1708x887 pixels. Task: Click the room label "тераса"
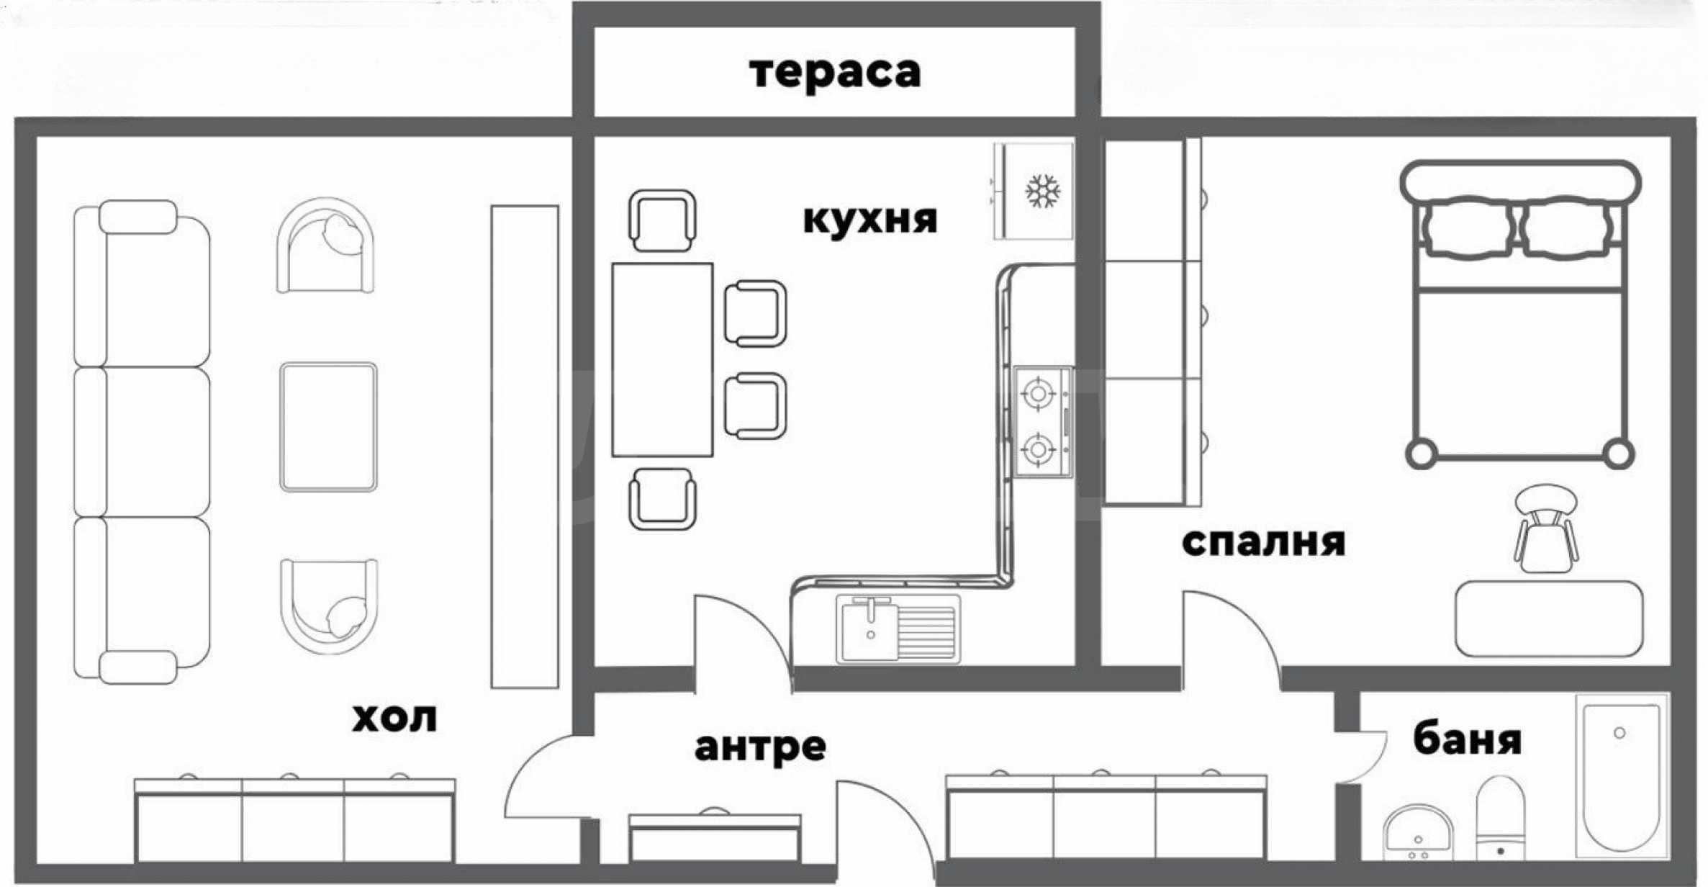coord(835,73)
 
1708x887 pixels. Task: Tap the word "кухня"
coord(870,218)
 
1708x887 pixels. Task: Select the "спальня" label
coord(1263,542)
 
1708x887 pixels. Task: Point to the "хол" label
coord(394,718)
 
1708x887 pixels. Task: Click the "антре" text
coord(760,747)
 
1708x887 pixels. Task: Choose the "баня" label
coord(1467,739)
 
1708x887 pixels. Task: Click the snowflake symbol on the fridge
coord(1042,192)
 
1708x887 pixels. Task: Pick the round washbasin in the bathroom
coord(1418,833)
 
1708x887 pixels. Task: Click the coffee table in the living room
coord(328,427)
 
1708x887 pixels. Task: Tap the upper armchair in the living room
coord(325,246)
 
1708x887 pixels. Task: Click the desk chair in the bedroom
coord(1545,529)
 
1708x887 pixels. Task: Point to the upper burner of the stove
coord(1036,394)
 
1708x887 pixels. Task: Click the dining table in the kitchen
coord(662,360)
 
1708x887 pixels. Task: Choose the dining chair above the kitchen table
coord(662,220)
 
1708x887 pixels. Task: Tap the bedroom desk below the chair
coord(1549,619)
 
